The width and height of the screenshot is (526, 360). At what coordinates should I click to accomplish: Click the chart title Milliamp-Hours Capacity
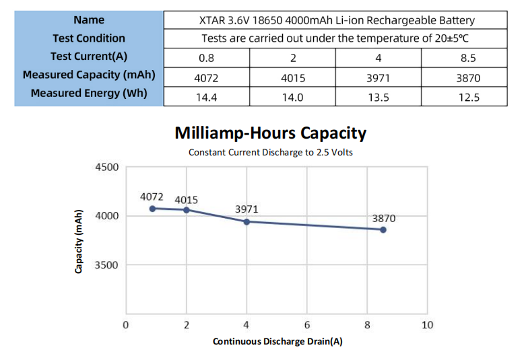point(270,133)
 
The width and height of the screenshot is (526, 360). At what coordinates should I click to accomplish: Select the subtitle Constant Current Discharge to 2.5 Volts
point(270,152)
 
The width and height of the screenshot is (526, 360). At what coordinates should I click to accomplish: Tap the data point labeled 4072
point(153,209)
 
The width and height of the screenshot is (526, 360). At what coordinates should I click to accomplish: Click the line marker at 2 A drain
point(187,210)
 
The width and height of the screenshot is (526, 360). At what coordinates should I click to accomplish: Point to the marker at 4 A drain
point(246,221)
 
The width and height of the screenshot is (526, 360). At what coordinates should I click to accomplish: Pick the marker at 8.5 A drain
point(383,229)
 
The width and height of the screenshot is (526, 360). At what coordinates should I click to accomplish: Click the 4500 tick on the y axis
point(106,168)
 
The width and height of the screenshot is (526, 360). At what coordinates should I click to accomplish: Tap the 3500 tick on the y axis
point(106,265)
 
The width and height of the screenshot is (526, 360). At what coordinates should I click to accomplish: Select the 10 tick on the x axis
point(427,326)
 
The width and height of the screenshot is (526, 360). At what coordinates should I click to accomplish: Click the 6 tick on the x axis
point(307,326)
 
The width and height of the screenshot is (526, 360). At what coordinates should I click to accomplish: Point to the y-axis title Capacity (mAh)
point(79,240)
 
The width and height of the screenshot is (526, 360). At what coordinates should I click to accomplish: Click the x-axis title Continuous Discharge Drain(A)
point(277,342)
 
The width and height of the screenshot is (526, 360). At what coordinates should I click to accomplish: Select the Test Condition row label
point(89,38)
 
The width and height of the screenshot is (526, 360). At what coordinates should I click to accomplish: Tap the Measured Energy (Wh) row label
point(89,93)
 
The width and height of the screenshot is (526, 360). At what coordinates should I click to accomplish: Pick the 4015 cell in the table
point(292,77)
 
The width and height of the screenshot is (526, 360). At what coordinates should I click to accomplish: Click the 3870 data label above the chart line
point(384,219)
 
